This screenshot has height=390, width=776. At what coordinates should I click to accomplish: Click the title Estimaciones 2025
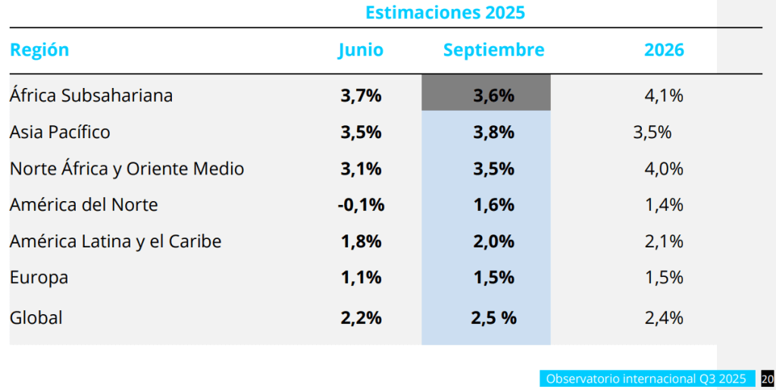coord(445,13)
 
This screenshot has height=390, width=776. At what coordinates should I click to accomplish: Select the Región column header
coord(39,50)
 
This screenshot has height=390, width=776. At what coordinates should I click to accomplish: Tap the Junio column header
coord(361,50)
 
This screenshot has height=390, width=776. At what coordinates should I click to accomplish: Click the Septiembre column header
coord(493,50)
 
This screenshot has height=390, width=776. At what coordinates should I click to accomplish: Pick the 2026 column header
coord(664,50)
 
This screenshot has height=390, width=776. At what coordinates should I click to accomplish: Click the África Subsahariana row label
coord(91,96)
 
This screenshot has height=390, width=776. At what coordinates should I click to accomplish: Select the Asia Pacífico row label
coord(60,132)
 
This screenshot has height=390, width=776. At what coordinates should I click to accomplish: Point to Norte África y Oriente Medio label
coord(127,168)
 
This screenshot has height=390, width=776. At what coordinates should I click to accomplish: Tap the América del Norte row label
coord(83,205)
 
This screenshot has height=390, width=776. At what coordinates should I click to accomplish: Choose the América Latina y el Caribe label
coord(115,241)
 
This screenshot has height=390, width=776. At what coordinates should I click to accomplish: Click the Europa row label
coord(39,278)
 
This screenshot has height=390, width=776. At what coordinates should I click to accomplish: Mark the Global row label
coord(36,318)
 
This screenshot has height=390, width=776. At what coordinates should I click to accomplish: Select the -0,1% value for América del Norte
coord(361,205)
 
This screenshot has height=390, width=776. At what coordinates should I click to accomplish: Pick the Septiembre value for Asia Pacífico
coord(493,132)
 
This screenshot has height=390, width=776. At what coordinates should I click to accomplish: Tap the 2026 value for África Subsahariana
coord(664,96)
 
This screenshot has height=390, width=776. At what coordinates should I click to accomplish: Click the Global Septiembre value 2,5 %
coord(493,318)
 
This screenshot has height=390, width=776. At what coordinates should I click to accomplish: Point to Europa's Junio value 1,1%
coord(361,278)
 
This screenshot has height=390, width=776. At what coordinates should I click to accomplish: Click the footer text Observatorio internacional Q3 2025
coord(646,379)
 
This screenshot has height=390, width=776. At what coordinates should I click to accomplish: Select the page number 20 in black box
coord(767,379)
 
